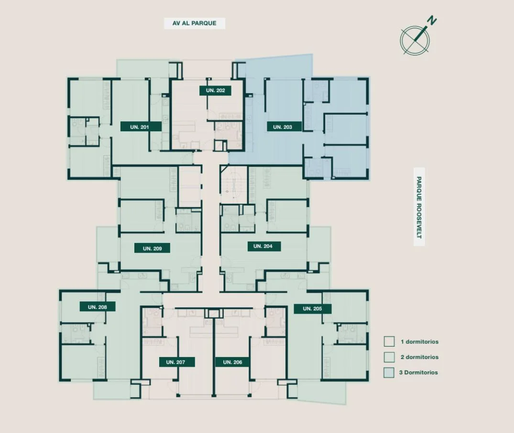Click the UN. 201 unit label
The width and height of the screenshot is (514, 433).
[x=141, y=127]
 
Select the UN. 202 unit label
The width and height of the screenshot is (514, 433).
[x=215, y=90]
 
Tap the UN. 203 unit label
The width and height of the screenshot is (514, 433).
[x=283, y=127]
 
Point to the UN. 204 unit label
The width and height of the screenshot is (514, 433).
[x=263, y=246]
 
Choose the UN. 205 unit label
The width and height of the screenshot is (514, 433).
[x=312, y=308]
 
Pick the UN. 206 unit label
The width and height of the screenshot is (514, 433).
[x=232, y=362]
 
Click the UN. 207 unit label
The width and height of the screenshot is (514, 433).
[x=177, y=362]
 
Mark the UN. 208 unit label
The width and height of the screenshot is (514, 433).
[x=98, y=307]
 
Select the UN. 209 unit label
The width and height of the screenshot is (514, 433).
[x=153, y=248]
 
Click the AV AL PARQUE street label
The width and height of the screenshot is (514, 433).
[x=195, y=23]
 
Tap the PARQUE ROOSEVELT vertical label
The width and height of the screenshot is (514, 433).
[x=419, y=207]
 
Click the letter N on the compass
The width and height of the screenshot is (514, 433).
[x=432, y=21]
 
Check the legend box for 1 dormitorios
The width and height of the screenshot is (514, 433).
[x=389, y=341]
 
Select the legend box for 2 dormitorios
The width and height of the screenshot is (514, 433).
[x=389, y=357]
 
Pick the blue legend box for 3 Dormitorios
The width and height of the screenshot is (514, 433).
[x=389, y=372]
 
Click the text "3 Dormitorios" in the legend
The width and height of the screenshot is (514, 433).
[x=418, y=372]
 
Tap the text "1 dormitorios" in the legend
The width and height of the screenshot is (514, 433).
[x=420, y=342]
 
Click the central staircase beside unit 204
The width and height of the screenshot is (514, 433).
[x=233, y=184]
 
